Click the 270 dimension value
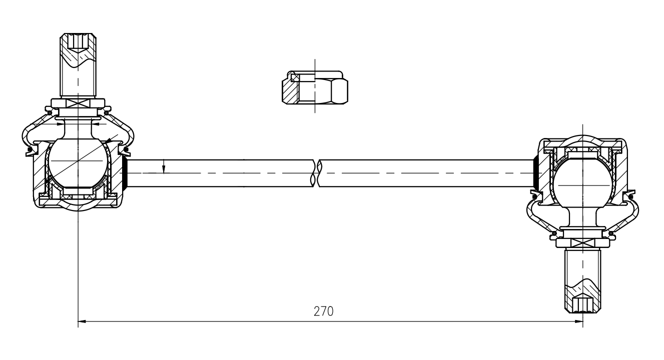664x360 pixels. coord(323,311)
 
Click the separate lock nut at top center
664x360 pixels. coord(315,87)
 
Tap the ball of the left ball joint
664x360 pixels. coord(78,163)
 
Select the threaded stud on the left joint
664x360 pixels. coord(78,65)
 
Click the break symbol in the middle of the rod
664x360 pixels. coord(316,173)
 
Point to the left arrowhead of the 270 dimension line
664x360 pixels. coord(82,321)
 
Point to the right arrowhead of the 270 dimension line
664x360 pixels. coord(579,321)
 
